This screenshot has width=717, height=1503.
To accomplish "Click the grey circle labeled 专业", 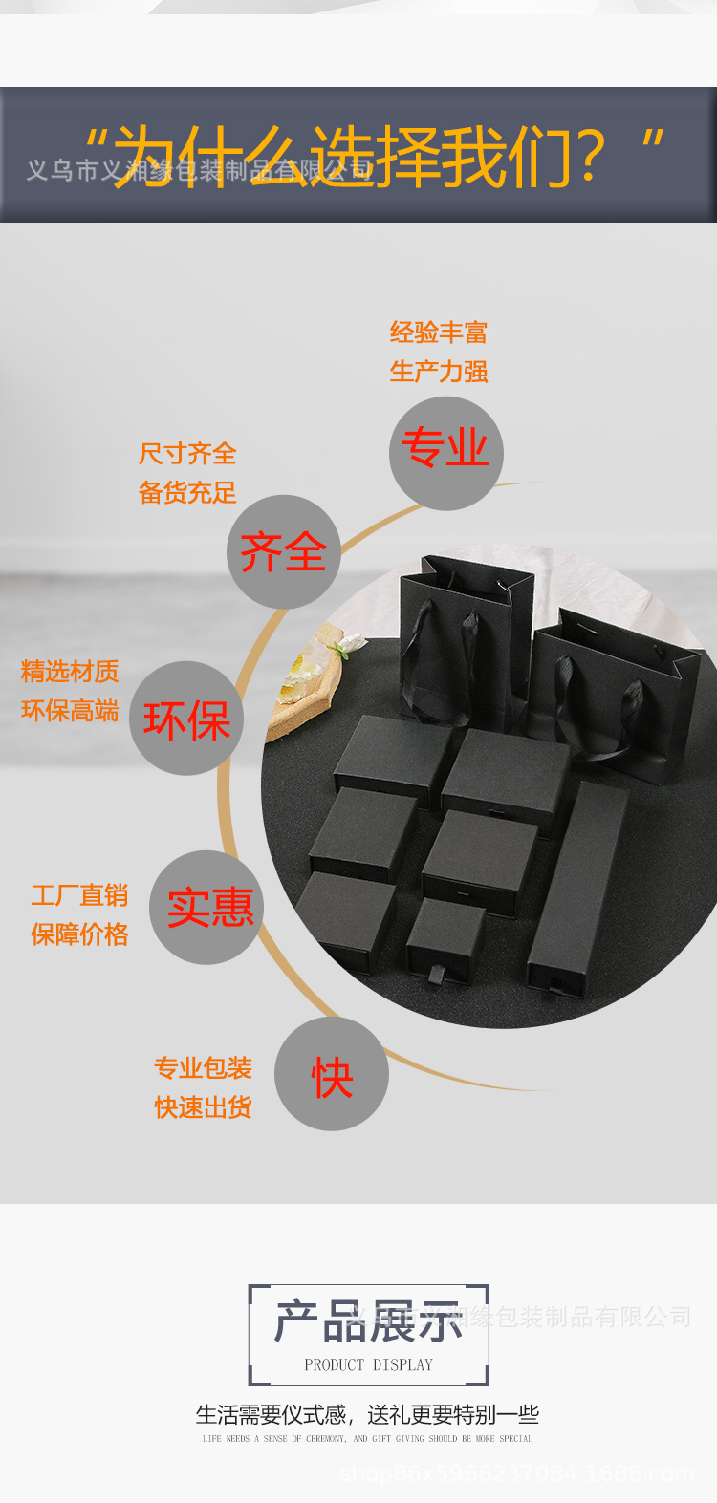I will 445,453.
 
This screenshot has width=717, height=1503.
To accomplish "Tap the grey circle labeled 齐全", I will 283,551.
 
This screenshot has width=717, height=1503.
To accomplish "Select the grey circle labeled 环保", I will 186,719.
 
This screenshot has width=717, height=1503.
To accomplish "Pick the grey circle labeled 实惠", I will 206,907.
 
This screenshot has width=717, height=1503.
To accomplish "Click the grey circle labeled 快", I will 332,1074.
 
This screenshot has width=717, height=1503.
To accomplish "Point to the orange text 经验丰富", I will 439,333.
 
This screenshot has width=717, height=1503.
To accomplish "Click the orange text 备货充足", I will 187,492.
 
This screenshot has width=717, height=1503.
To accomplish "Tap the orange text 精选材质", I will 70,672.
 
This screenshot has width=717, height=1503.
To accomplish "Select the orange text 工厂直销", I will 79,895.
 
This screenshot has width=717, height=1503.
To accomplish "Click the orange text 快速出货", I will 204,1106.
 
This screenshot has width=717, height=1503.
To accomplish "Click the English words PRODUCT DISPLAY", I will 368,1364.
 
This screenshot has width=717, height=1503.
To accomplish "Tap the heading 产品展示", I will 368,1321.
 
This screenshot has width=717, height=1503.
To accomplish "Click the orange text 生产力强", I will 439,371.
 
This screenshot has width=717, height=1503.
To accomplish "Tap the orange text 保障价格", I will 79,934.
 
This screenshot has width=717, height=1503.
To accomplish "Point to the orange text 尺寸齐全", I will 187,453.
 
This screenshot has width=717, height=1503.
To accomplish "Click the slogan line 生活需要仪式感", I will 368,1414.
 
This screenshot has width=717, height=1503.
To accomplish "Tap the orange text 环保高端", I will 70,711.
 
